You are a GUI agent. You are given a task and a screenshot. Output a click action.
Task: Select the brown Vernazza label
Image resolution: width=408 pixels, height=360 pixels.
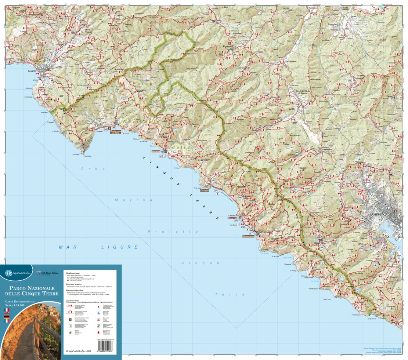point(155,151)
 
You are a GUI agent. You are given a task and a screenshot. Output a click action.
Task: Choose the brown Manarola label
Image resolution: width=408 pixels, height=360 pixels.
point(232,218)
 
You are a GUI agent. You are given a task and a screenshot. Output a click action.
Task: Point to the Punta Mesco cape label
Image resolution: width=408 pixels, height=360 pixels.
point(87,157)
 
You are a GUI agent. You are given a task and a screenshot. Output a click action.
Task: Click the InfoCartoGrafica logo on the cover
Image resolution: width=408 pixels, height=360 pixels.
point(21,273)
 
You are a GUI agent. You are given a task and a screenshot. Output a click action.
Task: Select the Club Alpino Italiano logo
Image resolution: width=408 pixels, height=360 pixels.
point(48,273)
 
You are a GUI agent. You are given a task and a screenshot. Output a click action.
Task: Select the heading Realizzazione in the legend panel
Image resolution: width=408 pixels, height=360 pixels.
point(73,273)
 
